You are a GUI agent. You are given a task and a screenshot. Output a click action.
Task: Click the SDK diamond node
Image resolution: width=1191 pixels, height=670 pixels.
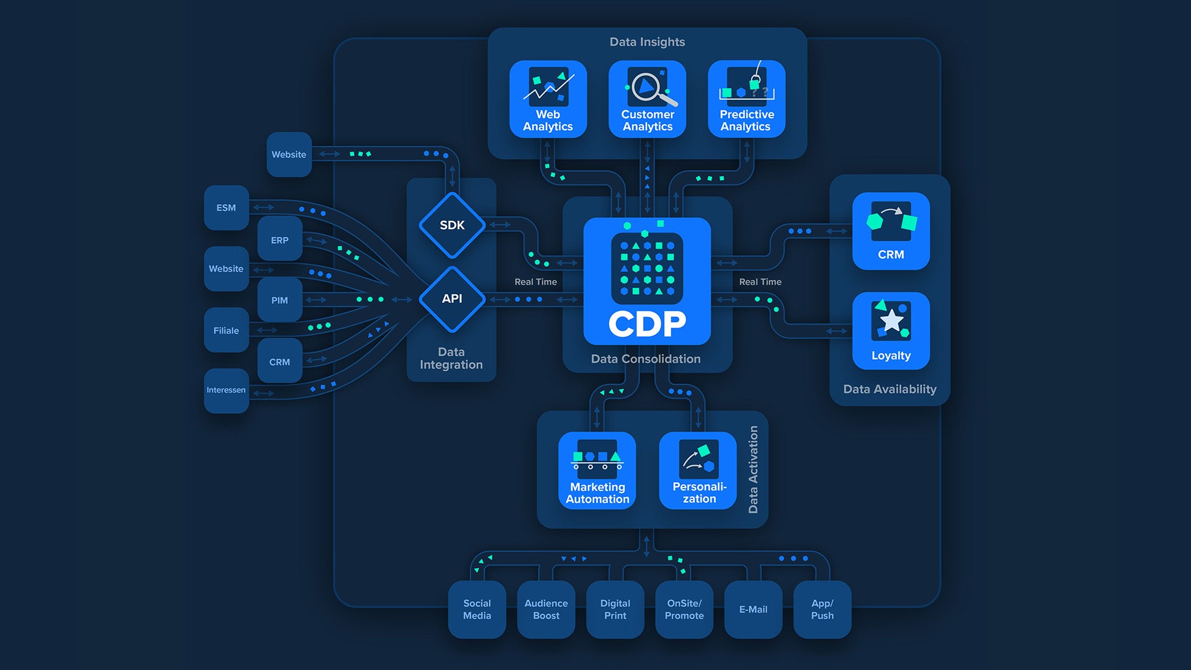(452, 225)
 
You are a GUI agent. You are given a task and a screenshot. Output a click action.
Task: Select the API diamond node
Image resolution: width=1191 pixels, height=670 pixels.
(452, 299)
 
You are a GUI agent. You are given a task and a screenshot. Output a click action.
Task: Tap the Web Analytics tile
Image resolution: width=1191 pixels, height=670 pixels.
(548, 99)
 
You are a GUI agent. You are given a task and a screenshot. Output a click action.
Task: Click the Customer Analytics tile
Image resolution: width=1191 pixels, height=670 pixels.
(647, 99)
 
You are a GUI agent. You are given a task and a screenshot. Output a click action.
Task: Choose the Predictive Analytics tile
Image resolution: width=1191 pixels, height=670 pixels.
(746, 99)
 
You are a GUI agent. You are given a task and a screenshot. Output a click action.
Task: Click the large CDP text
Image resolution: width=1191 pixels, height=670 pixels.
(647, 324)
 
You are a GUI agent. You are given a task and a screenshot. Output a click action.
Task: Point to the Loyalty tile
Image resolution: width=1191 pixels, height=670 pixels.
(891, 331)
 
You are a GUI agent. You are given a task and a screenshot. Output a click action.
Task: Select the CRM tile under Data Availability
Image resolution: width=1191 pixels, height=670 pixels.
(891, 231)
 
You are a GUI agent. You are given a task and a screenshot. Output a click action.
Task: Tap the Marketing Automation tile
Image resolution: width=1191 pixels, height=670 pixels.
(597, 471)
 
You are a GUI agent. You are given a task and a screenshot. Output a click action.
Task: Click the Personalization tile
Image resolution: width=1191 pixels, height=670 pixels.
(698, 471)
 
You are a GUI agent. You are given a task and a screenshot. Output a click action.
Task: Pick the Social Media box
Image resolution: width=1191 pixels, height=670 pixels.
(476, 609)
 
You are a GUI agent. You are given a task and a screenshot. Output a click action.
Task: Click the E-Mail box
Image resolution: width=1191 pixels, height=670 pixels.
(753, 609)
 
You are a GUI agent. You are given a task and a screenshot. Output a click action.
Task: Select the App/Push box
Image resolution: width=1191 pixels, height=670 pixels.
(822, 609)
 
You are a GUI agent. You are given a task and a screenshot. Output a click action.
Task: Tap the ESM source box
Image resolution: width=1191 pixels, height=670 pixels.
(226, 208)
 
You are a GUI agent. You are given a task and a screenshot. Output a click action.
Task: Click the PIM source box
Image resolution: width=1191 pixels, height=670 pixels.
(279, 300)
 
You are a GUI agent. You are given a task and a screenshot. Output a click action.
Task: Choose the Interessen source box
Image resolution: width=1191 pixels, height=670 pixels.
(226, 390)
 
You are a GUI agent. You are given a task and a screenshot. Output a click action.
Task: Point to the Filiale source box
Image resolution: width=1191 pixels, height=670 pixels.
(226, 331)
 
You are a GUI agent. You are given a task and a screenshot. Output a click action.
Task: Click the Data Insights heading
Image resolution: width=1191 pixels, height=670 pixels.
(647, 42)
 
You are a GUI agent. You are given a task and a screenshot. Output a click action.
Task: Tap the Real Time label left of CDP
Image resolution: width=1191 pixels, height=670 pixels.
(535, 282)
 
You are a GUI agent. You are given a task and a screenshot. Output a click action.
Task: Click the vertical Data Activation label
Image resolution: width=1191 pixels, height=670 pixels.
(753, 470)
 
